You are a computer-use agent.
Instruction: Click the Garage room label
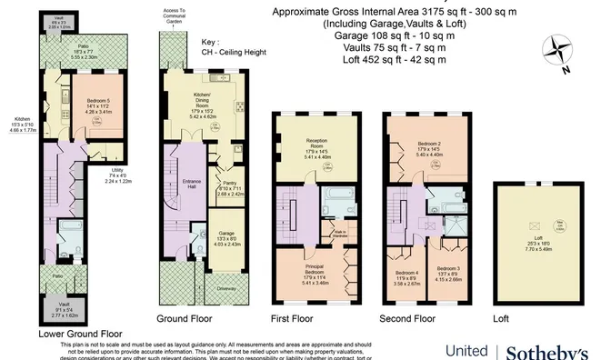click(x=226, y=240)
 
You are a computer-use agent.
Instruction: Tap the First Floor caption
click(x=293, y=318)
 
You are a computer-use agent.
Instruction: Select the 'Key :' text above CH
click(x=210, y=43)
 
